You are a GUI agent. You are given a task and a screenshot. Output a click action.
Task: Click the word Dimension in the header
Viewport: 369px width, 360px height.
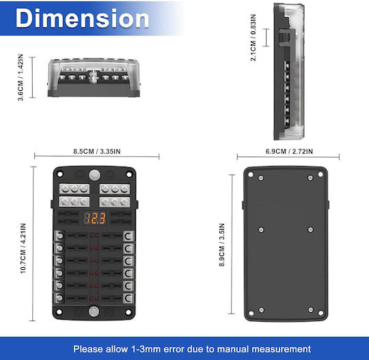pos(82,18)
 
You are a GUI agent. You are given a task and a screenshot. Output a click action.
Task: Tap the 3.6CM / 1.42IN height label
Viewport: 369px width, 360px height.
pos(20,77)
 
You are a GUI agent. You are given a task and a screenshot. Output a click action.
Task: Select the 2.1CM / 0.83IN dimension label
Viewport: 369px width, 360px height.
pos(253,38)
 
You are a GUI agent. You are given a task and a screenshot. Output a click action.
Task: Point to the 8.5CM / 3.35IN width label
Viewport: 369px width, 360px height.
pos(97,151)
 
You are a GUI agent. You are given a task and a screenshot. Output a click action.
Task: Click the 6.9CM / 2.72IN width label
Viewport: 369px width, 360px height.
pos(289,151)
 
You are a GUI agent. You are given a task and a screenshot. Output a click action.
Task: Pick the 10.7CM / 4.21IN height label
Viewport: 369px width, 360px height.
pos(23,248)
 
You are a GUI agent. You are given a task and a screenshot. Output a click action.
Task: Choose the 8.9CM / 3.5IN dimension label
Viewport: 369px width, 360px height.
pos(222,245)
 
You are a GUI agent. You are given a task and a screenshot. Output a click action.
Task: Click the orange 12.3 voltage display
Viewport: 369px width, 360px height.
pos(95,218)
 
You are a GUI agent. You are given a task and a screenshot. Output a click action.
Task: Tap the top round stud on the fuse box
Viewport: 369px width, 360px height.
pos(94,176)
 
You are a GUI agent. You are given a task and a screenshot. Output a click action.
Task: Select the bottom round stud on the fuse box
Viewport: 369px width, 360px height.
pos(94,311)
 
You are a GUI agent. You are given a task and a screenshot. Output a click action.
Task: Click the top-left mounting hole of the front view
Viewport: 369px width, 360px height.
pos(59,174)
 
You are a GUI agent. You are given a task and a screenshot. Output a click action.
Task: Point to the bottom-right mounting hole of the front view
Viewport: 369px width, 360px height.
pos(128,312)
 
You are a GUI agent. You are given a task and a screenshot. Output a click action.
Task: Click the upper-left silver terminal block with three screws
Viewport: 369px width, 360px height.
pos(74,189)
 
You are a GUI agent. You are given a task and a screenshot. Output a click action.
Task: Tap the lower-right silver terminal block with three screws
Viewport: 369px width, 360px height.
pos(115,202)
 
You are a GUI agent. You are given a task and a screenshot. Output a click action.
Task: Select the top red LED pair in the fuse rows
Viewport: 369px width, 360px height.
pos(94,236)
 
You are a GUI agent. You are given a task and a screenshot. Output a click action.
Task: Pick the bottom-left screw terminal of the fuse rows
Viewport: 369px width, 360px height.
pos(59,298)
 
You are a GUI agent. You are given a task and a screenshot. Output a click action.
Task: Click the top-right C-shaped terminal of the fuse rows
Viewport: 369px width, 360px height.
pos(128,236)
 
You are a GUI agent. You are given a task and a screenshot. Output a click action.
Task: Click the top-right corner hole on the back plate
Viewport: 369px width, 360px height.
pos(320,174)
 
